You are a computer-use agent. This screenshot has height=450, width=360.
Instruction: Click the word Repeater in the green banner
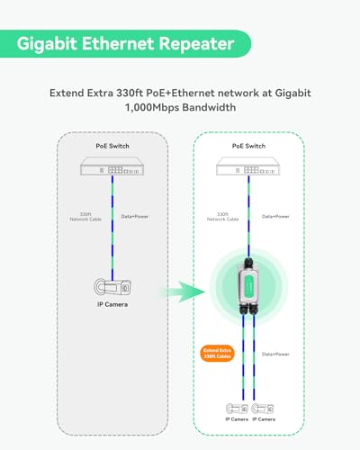(x=196, y=44)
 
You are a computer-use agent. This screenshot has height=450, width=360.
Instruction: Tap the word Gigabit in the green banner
(x=47, y=44)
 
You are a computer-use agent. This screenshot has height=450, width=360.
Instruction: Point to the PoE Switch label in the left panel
(x=112, y=146)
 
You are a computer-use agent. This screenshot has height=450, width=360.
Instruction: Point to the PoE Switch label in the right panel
(x=248, y=146)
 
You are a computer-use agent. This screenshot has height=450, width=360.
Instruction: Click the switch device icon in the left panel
(x=112, y=166)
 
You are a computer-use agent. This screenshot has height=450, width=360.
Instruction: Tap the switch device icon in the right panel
(x=248, y=166)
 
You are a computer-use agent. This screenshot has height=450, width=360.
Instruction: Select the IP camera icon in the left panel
(x=112, y=287)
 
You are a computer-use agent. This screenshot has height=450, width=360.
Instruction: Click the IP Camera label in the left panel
(x=112, y=304)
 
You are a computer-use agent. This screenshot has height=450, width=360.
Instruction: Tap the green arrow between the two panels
(x=183, y=292)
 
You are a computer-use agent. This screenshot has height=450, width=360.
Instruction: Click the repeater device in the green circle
(x=248, y=287)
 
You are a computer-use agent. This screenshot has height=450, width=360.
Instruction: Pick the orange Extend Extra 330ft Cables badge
(x=217, y=354)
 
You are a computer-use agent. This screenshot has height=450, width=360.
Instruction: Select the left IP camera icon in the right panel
(x=237, y=409)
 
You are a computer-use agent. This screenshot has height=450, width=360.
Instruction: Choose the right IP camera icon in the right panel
(x=263, y=409)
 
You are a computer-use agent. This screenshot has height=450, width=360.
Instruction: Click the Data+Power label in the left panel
(x=135, y=216)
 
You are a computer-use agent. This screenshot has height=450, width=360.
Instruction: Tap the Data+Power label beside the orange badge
(x=275, y=354)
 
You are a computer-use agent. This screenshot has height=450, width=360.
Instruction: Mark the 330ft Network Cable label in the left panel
(x=85, y=217)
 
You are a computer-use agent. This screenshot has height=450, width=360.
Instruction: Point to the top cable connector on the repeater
(x=248, y=262)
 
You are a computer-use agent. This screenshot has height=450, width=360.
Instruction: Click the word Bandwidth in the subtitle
(x=209, y=107)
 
